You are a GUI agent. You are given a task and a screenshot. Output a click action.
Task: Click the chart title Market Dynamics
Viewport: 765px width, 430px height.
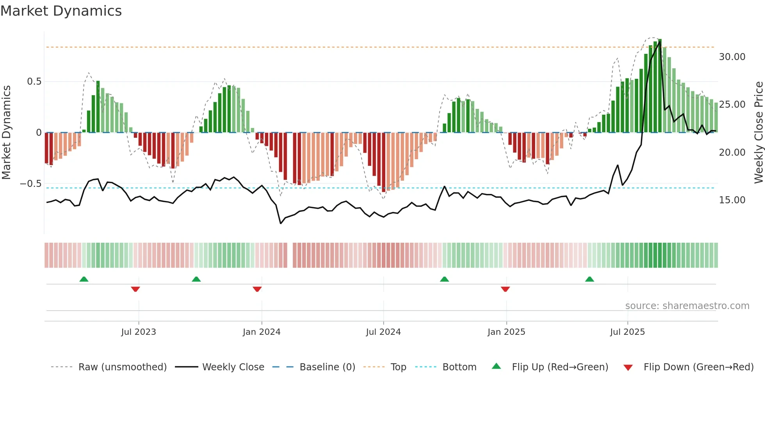(x=61, y=11)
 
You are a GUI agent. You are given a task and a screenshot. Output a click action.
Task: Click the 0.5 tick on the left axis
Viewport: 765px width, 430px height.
(x=34, y=82)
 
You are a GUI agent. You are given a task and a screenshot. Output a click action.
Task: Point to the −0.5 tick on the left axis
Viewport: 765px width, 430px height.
(x=31, y=184)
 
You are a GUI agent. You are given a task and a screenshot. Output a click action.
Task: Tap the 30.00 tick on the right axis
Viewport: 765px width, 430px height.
(x=732, y=57)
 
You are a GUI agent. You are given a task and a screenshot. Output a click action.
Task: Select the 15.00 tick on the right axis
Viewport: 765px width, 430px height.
(x=732, y=200)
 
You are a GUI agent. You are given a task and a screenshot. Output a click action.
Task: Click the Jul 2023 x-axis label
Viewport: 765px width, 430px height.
(x=139, y=332)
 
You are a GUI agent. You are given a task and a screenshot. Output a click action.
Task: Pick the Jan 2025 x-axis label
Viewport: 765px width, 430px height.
(x=506, y=332)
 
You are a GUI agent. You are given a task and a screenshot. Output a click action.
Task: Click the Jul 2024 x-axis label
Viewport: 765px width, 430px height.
(x=383, y=332)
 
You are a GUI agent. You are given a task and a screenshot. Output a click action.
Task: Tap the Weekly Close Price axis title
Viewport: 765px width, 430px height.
(x=758, y=133)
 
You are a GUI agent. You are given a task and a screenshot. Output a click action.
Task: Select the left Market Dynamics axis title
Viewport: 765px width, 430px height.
(x=6, y=133)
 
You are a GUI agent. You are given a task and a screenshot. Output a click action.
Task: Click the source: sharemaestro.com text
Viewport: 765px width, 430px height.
(x=687, y=306)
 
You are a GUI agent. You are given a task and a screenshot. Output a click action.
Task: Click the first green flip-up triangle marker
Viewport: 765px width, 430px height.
(x=84, y=279)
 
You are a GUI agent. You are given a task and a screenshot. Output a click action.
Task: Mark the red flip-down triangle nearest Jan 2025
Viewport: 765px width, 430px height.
(x=505, y=289)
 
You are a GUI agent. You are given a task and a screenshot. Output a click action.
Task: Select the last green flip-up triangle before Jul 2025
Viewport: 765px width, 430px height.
(x=589, y=279)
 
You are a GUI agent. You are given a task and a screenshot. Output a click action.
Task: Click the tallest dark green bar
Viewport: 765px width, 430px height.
(x=660, y=86)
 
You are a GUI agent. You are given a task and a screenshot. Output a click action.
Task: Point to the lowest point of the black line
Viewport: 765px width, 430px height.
(x=281, y=223)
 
